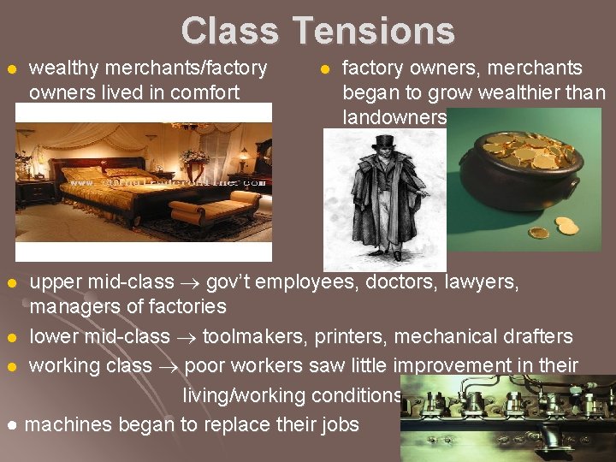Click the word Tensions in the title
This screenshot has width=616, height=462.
[x=375, y=31]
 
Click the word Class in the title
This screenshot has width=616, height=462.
[x=229, y=31]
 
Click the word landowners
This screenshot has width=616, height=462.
[x=394, y=116]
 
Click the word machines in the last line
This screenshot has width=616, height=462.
[x=69, y=424]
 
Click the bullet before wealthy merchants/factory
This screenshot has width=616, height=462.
[x=10, y=68]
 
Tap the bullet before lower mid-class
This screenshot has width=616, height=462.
[x=10, y=337]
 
